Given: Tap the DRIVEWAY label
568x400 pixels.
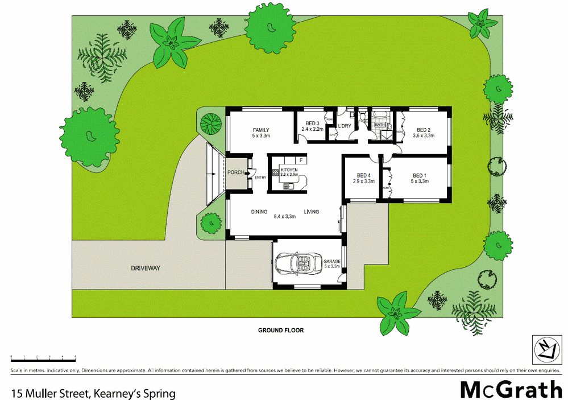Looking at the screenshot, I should click(x=146, y=267).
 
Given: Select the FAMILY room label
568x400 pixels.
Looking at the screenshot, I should click(x=261, y=130).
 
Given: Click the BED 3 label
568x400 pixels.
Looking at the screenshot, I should click(x=312, y=123).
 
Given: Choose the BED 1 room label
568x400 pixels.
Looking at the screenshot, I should click(x=420, y=175).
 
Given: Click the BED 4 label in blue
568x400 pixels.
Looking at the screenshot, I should click(x=364, y=175).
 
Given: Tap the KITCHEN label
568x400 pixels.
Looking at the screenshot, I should click(x=289, y=170).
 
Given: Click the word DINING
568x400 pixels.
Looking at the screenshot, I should click(x=259, y=212).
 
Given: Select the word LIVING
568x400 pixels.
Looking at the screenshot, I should click(x=311, y=212).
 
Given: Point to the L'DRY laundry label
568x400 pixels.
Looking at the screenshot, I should click(x=344, y=126).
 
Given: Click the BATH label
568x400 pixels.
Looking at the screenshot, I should click(x=380, y=123).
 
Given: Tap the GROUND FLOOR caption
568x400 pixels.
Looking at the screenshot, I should click(x=281, y=330).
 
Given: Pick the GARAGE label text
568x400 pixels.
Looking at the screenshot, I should click(x=332, y=261).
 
